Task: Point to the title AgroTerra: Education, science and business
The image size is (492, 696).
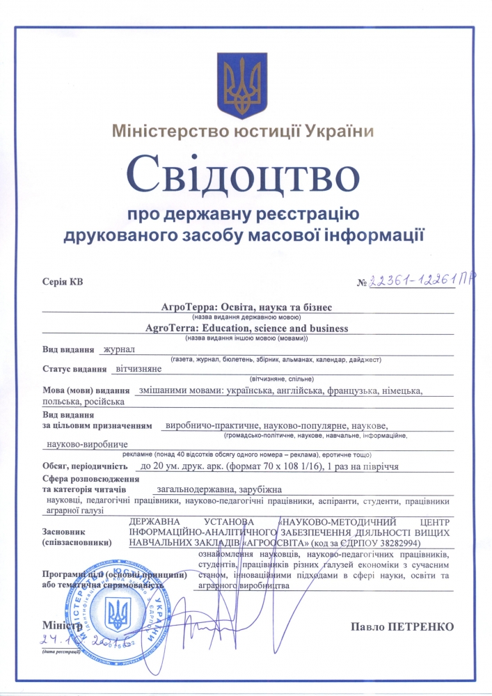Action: click(x=247, y=327)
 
